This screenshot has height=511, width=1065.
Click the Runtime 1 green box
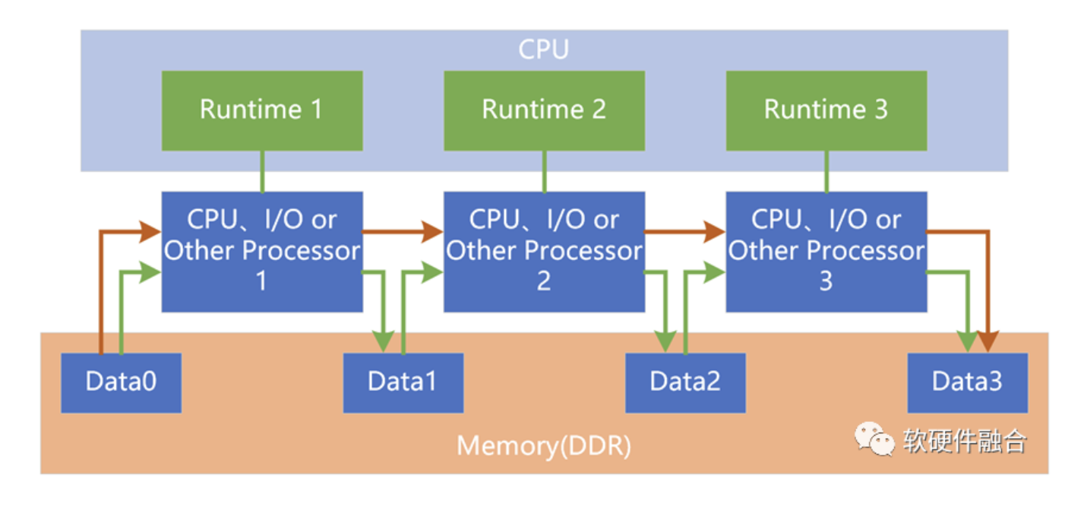click(261, 110)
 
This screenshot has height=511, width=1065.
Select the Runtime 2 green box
click(544, 110)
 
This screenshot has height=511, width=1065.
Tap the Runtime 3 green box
click(826, 110)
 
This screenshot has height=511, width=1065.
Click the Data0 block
click(121, 382)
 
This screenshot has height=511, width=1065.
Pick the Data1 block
click(403, 382)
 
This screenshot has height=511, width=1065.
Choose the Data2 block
click(685, 382)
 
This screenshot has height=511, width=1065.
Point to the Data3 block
click(967, 382)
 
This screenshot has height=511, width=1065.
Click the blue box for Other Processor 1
click(261, 251)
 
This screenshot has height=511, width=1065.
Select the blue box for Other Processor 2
click(544, 251)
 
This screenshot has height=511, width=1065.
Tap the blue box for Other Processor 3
click(826, 251)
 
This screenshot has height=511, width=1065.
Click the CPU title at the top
click(544, 49)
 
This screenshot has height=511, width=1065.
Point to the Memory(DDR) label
click(544, 446)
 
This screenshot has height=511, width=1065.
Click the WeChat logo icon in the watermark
click(874, 440)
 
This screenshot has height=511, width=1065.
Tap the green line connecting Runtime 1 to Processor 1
click(261, 171)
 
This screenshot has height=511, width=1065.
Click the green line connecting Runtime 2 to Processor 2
click(544, 171)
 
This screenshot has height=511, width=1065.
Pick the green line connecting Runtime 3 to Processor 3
click(826, 171)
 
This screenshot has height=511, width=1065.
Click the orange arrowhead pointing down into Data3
click(987, 342)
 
